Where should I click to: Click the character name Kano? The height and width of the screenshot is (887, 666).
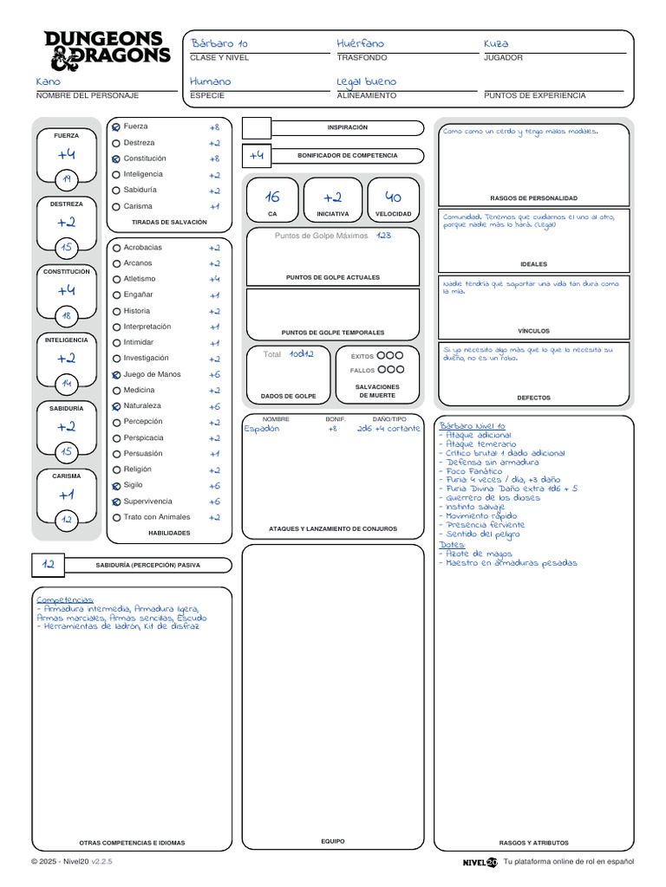coord(49,81)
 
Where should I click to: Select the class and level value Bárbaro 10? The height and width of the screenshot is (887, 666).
coord(219,43)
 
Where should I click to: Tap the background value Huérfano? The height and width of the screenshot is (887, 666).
coord(360,43)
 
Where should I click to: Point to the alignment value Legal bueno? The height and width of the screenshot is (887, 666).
coord(366,81)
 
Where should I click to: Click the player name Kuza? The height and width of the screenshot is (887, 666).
coord(496,43)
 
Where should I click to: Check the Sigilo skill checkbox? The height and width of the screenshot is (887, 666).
coord(116,486)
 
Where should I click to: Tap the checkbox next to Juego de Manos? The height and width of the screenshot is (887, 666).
coord(116,375)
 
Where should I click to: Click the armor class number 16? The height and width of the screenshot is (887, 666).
coord(272,197)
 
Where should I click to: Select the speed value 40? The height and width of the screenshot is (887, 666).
coord(393,197)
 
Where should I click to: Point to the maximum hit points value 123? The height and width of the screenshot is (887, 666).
coord(384,236)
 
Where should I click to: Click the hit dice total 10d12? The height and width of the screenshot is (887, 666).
coord(302,354)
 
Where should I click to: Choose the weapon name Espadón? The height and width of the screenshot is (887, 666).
coord(262,429)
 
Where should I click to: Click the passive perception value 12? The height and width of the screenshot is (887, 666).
coord(49,565)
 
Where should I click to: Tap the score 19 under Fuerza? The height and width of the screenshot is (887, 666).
coord(67,179)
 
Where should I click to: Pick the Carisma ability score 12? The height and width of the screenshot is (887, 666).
coord(67,520)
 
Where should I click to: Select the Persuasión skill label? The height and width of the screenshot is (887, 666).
coord(142,453)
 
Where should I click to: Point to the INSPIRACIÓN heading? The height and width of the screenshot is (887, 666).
coord(347,127)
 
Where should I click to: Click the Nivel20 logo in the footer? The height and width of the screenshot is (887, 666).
coord(480,863)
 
